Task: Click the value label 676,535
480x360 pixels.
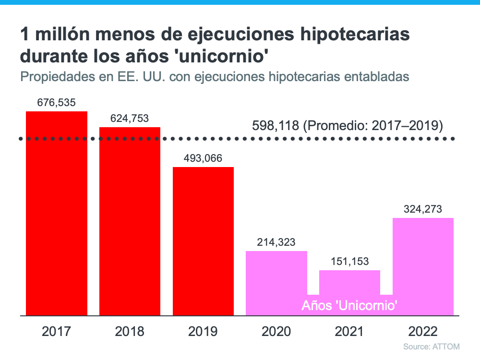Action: pyautogui.click(x=57, y=102)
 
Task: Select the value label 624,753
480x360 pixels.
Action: pyautogui.click(x=130, y=118)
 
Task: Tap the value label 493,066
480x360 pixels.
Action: pyautogui.click(x=203, y=158)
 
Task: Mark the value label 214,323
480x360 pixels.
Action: pyautogui.click(x=276, y=242)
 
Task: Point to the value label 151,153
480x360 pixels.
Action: pyautogui.click(x=349, y=261)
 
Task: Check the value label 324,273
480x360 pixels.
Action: pyautogui.click(x=423, y=209)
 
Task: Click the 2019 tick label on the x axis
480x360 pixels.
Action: pyautogui.click(x=203, y=331)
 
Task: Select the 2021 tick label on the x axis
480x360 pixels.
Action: pyautogui.click(x=349, y=331)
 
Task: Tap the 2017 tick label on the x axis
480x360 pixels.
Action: pyautogui.click(x=57, y=331)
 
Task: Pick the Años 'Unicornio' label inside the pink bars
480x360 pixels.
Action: pyautogui.click(x=349, y=305)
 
